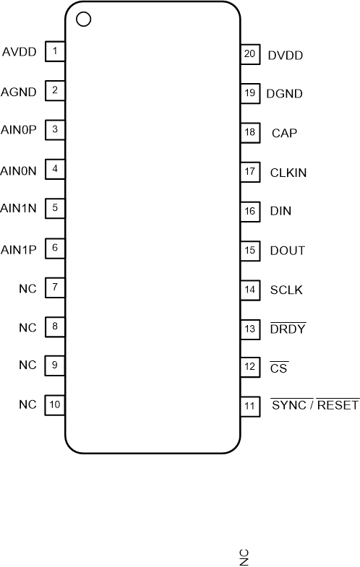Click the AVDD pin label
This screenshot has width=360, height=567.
click(x=18, y=52)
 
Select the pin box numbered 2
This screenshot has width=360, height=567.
click(x=55, y=91)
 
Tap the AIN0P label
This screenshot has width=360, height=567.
click(x=19, y=131)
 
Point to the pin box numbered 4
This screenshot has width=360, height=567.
click(x=55, y=170)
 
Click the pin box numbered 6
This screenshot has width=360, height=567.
click(x=55, y=248)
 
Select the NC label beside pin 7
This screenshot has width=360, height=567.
click(x=27, y=288)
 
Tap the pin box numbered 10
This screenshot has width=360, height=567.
click(x=55, y=404)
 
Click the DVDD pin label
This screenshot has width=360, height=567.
click(x=285, y=55)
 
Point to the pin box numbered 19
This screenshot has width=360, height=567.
click(x=249, y=93)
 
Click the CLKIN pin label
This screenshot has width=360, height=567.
click(x=288, y=173)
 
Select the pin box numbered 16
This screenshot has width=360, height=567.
click(x=249, y=212)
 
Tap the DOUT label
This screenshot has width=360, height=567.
click(x=286, y=251)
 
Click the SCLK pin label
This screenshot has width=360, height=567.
click(x=286, y=290)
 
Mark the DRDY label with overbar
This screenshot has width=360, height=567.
click(x=287, y=329)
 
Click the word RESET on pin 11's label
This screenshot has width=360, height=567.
click(x=338, y=405)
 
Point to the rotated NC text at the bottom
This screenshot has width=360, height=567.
click(x=244, y=556)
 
